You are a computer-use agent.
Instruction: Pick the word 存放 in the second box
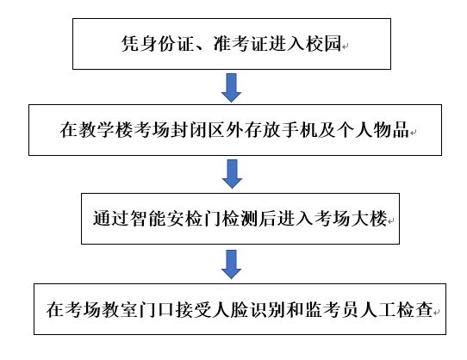pyautogui.click(x=246, y=131)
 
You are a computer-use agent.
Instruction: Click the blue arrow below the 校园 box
pyautogui.click(x=231, y=86)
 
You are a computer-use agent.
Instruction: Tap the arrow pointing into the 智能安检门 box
pyautogui.click(x=231, y=173)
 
